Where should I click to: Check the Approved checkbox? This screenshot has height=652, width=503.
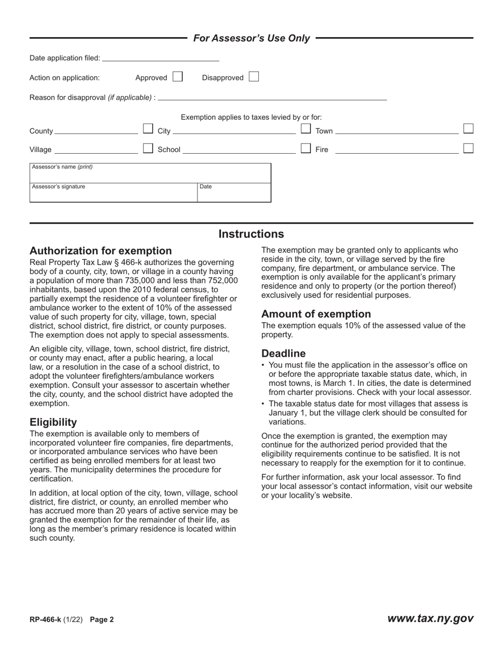click(x=177, y=77)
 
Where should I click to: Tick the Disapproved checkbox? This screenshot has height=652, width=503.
click(x=254, y=77)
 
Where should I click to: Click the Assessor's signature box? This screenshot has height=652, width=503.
click(x=113, y=193)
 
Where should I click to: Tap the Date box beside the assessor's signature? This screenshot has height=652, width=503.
click(x=234, y=193)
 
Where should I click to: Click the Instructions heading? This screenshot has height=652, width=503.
click(x=251, y=234)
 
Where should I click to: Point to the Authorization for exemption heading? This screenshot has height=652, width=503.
click(x=101, y=251)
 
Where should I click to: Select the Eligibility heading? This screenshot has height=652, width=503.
click(x=53, y=422)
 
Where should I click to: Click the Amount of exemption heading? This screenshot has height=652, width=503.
click(x=316, y=314)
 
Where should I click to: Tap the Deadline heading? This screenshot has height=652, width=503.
click(x=283, y=354)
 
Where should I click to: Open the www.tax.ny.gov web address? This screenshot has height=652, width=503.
click(x=430, y=619)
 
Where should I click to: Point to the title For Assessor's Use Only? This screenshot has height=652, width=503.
click(x=251, y=38)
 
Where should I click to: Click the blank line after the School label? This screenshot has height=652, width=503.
click(x=239, y=149)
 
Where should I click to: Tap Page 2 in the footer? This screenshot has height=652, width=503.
click(x=102, y=619)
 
